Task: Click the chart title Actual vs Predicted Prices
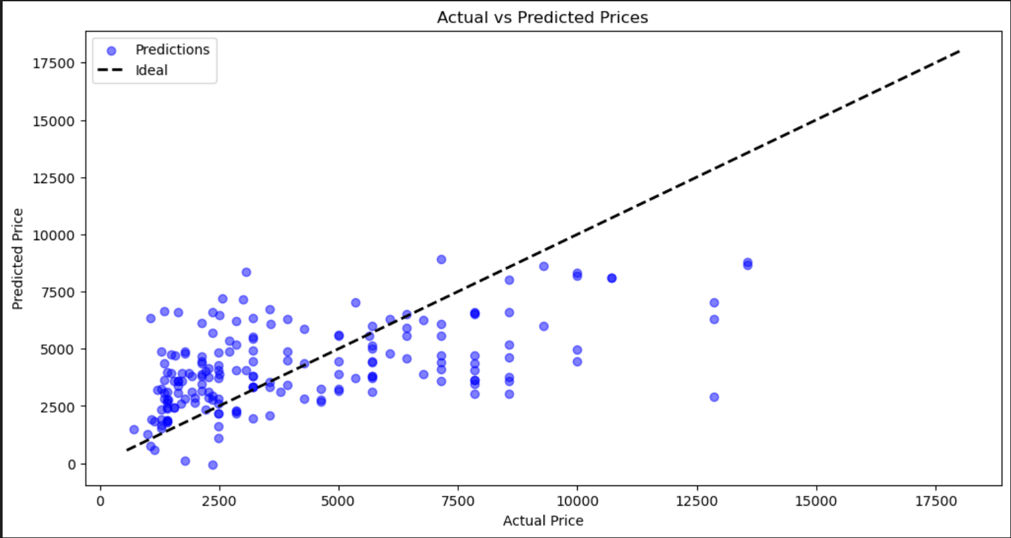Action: (542, 18)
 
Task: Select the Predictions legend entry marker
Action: (112, 51)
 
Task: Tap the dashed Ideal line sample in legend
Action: (110, 70)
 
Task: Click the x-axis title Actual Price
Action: (543, 520)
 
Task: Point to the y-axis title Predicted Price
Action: (18, 259)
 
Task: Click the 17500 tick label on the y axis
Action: (53, 63)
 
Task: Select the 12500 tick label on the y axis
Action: (53, 178)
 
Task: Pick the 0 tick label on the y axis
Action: (72, 464)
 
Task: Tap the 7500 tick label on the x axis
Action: (458, 501)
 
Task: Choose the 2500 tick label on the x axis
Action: (219, 501)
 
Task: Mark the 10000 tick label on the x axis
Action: (577, 501)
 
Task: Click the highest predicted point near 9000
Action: (441, 259)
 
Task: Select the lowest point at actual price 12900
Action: (714, 398)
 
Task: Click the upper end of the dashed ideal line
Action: (960, 51)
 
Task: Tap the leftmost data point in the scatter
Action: (134, 429)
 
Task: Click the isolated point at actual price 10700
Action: (612, 278)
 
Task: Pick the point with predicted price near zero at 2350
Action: (213, 465)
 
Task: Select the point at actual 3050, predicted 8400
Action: (246, 272)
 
